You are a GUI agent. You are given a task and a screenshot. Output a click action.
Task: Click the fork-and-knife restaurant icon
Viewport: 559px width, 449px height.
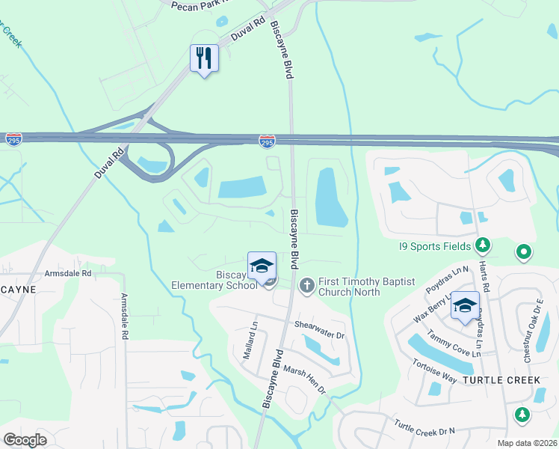coord(204,57)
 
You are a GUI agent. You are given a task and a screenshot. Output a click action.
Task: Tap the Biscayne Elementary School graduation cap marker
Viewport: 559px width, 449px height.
coord(262,266)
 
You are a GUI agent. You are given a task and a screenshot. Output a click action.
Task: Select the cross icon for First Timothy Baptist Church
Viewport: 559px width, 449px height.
coord(306,285)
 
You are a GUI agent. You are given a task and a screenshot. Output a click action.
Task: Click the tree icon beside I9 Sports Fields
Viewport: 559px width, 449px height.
coord(483,245)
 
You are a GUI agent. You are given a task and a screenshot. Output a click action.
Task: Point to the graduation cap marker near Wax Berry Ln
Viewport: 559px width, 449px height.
coord(464,305)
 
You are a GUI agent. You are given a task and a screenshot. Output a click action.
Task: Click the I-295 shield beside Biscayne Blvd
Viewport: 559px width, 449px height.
coord(267,140)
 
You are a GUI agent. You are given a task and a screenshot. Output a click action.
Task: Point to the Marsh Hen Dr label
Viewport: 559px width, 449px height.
coord(305,379)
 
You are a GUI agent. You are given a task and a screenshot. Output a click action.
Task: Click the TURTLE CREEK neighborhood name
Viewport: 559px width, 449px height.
coord(501,380)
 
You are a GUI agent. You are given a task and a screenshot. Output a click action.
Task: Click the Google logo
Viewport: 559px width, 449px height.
coord(25,439)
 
